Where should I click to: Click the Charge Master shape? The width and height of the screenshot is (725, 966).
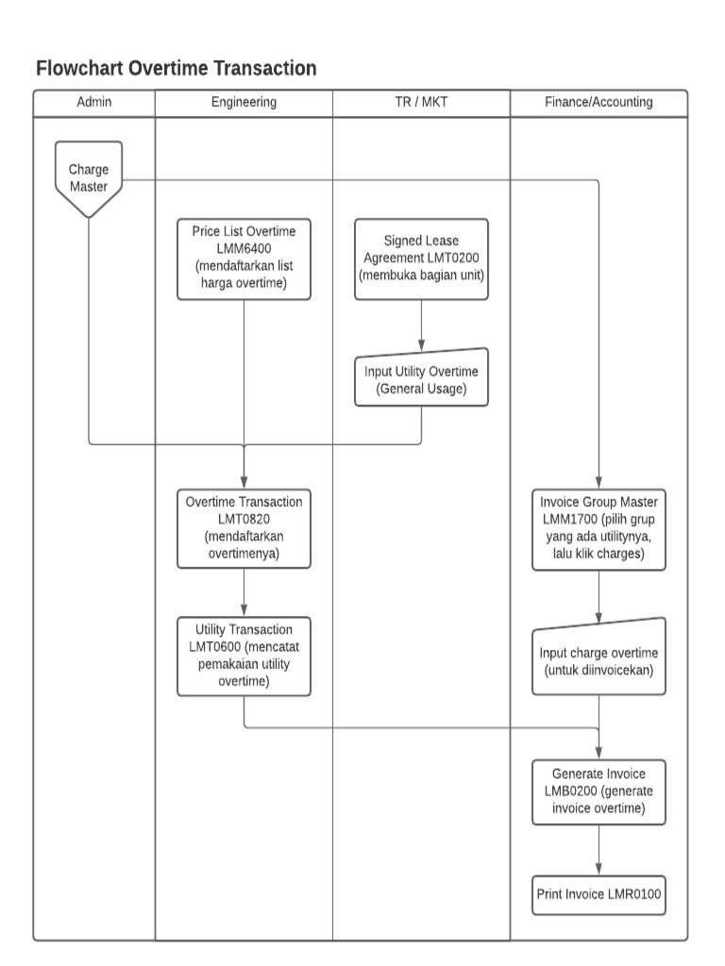[89, 177]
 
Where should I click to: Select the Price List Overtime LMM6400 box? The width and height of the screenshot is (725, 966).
[244, 258]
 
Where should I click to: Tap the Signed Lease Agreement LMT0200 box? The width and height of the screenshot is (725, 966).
[421, 259]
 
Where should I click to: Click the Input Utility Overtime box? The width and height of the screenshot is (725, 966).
[421, 379]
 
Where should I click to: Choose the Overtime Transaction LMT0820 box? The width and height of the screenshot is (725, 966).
[244, 528]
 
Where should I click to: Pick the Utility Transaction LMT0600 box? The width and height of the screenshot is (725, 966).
[244, 657]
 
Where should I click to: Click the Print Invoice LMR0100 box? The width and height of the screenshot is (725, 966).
[599, 893]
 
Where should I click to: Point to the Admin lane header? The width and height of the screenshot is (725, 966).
[93, 102]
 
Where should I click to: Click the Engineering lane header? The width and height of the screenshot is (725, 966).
[244, 102]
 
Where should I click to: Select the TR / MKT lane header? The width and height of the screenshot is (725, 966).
[421, 102]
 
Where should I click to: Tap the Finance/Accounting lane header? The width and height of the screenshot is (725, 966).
[599, 102]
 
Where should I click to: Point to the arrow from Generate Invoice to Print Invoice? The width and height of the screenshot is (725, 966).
[599, 849]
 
